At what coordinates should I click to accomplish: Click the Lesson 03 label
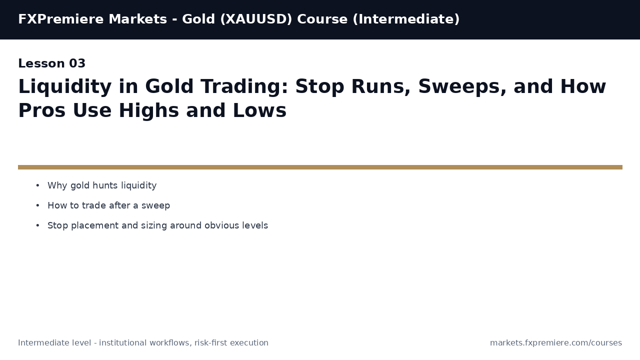(x=52, y=64)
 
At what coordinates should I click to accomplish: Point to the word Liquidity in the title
(x=64, y=87)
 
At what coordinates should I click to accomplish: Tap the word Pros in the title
(x=41, y=111)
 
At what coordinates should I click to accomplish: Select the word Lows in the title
(x=260, y=111)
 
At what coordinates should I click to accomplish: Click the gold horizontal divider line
(x=320, y=167)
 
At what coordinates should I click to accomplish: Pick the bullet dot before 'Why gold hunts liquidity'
(x=37, y=186)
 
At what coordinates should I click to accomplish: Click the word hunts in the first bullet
(x=105, y=186)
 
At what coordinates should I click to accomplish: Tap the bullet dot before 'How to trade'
(x=37, y=206)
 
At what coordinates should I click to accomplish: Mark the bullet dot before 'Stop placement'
(x=37, y=226)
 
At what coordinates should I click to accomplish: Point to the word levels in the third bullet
(x=255, y=226)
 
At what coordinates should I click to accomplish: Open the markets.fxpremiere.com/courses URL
(x=556, y=343)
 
